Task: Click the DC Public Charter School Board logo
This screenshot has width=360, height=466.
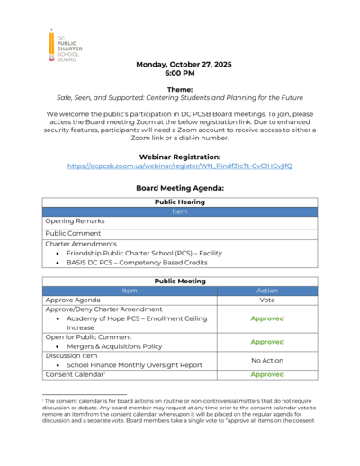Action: click(66, 45)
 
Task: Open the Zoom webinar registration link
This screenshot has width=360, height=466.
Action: click(179, 166)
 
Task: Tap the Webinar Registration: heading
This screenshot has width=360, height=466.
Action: click(179, 157)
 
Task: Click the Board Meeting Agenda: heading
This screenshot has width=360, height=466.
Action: click(179, 188)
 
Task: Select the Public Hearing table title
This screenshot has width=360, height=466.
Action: click(179, 202)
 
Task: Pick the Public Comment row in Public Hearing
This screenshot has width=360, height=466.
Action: click(75, 233)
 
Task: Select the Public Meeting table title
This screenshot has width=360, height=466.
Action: click(179, 281)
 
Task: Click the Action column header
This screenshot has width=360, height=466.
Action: click(267, 291)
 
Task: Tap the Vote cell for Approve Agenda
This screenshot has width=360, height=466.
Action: click(267, 300)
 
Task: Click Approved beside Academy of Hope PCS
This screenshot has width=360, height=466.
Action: click(267, 318)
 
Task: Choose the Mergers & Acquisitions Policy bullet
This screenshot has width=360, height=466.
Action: click(115, 346)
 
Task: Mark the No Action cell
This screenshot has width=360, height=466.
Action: click(267, 359)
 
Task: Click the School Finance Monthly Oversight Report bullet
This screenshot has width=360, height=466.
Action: click(132, 364)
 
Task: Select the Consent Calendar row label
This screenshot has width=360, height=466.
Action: click(76, 374)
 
